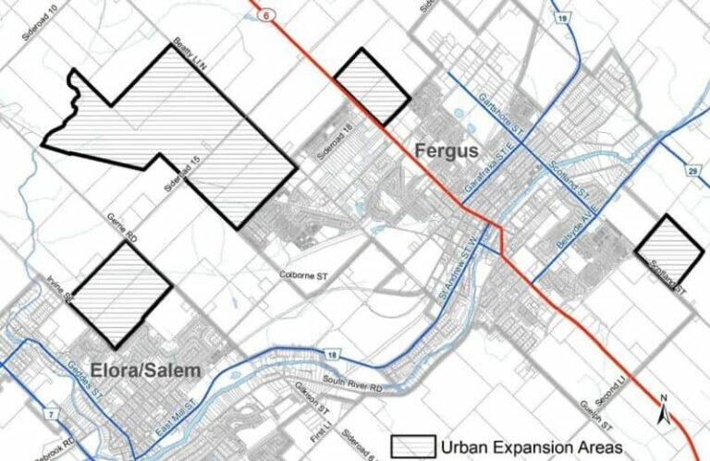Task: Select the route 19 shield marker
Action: tap(560, 18)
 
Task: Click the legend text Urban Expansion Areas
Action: tap(536, 447)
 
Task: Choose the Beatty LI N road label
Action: tap(189, 51)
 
